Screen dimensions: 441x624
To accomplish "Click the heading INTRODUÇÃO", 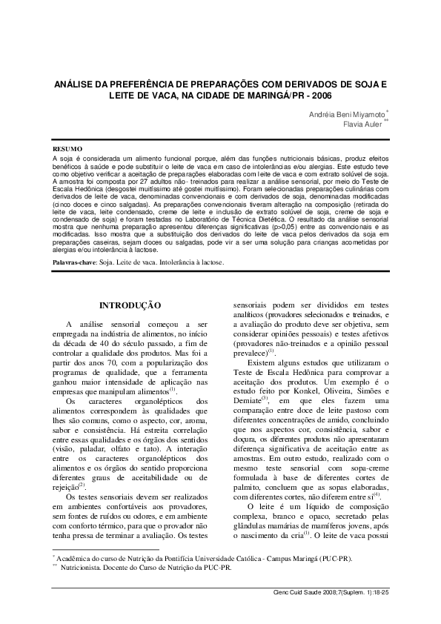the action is point(130,305).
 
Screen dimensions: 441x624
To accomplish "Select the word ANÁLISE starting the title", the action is point(79,84).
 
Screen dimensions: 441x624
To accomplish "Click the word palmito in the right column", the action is point(249,485).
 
